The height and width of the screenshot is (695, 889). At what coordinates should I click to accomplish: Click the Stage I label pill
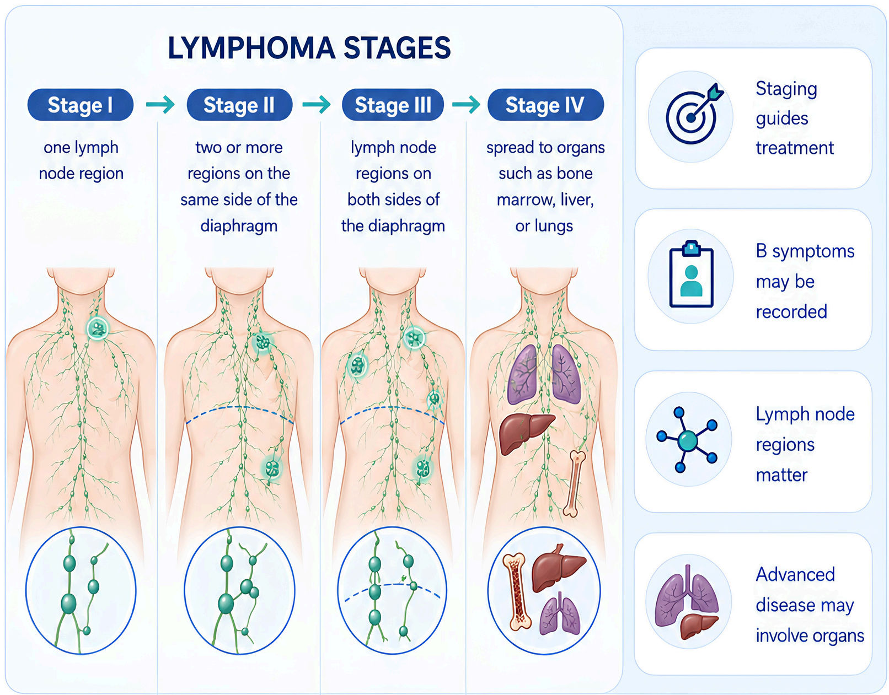80,105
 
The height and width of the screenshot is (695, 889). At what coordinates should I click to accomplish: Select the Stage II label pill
239,105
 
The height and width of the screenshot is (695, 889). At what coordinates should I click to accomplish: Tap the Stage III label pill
393,105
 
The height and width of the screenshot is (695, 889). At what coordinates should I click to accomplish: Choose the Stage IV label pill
545,105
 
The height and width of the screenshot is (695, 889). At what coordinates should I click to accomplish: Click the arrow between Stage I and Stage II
160,104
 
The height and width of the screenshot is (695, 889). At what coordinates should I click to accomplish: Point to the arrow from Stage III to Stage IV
466,104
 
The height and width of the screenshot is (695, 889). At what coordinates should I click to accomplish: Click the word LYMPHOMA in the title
251,49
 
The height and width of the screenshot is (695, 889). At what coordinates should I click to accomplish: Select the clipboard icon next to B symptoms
691,273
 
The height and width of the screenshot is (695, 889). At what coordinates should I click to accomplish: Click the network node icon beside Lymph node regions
687,440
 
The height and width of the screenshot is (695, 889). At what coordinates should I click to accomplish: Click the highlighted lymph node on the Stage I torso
98,328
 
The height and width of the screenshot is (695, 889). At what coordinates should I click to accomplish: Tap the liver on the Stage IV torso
526,433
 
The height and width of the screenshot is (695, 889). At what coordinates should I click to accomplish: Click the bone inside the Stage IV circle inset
517,591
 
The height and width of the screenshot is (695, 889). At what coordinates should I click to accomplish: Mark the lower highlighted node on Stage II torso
272,468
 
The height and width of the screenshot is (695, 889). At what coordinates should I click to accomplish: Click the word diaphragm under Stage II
239,226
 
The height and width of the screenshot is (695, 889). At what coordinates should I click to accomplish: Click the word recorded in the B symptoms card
791,311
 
